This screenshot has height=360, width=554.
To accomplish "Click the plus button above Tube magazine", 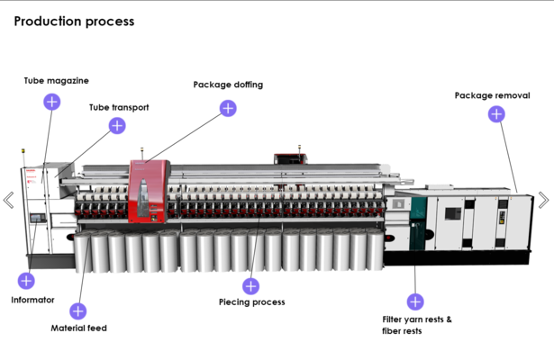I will (x=52, y=102).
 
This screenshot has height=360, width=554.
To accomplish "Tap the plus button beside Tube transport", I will (x=117, y=126).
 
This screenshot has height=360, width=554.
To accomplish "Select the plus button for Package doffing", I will (x=228, y=108).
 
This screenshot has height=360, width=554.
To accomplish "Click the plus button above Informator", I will (x=26, y=281).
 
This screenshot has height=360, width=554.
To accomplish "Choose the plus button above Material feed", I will (x=78, y=311).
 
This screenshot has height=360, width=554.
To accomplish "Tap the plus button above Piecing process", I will (x=250, y=286).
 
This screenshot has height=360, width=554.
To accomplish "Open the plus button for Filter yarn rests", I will (x=415, y=301).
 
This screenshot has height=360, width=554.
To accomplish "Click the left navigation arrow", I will (x=9, y=200).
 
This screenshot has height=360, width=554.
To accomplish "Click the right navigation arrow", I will (x=543, y=200).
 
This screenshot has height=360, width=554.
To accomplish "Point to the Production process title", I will (x=74, y=21).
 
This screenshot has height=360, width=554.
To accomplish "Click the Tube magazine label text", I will (x=56, y=80).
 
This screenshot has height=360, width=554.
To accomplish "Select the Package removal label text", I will (x=492, y=95).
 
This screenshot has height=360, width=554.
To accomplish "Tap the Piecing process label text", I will (x=252, y=302).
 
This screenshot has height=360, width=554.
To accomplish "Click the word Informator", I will (x=32, y=300).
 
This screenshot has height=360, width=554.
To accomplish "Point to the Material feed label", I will (x=78, y=328).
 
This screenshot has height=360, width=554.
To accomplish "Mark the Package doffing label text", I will (x=228, y=85).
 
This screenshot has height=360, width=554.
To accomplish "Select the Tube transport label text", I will (x=119, y=107).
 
